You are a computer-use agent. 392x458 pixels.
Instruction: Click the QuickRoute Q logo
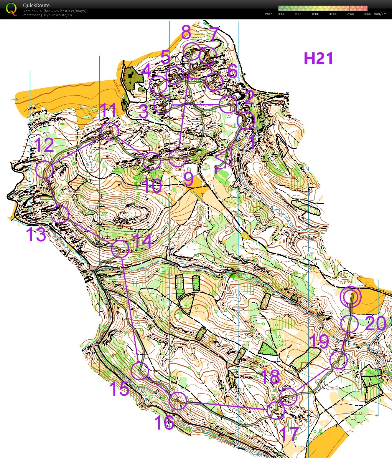[11, 9]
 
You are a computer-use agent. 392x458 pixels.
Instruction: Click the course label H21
[318, 58]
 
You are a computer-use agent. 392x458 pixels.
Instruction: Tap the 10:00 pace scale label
[332, 14]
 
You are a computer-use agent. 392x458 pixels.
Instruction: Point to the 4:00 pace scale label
[281, 14]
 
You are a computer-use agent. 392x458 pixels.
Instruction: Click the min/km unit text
[380, 14]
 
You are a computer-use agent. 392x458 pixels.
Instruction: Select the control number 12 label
[44, 145]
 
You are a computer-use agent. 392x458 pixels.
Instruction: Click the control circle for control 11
[110, 131]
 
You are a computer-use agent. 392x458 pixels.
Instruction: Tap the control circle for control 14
[120, 249]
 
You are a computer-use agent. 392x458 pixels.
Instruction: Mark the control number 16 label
[164, 423]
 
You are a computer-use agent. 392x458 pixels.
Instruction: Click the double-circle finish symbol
[350, 297]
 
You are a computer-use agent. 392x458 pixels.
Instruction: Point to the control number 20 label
[375, 323]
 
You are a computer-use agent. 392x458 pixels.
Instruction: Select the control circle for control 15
[140, 371]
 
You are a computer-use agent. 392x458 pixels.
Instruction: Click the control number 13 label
[36, 235]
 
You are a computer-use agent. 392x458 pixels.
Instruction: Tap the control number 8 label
[186, 32]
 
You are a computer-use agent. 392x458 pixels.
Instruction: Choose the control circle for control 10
[152, 161]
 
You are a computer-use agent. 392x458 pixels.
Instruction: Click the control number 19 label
[319, 341]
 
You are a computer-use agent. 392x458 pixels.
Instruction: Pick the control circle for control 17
[276, 410]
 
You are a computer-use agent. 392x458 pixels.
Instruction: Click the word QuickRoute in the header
[36, 5]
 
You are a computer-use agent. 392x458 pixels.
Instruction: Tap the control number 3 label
[144, 112]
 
